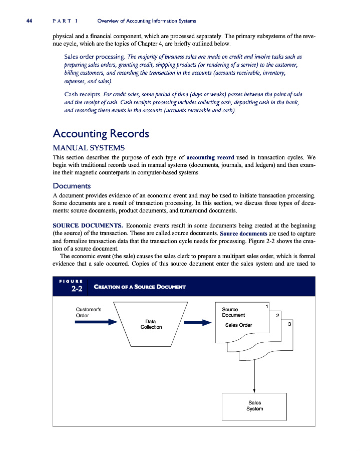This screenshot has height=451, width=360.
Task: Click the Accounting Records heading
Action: tap(101, 134)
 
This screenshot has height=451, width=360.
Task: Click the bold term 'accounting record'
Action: tap(210, 157)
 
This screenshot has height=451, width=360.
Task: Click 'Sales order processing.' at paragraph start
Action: tap(95, 56)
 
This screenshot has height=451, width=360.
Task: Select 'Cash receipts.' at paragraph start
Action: tap(83, 94)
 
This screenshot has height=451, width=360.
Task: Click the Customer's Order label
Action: tap(88, 312)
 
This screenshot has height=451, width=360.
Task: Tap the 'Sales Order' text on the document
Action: tap(238, 325)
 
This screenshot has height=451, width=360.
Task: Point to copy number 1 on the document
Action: tap(267, 306)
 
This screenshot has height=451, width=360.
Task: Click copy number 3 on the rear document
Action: tap(289, 324)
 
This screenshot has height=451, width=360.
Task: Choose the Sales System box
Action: tap(254, 406)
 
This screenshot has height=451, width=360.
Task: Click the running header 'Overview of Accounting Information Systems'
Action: tap(147, 21)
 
